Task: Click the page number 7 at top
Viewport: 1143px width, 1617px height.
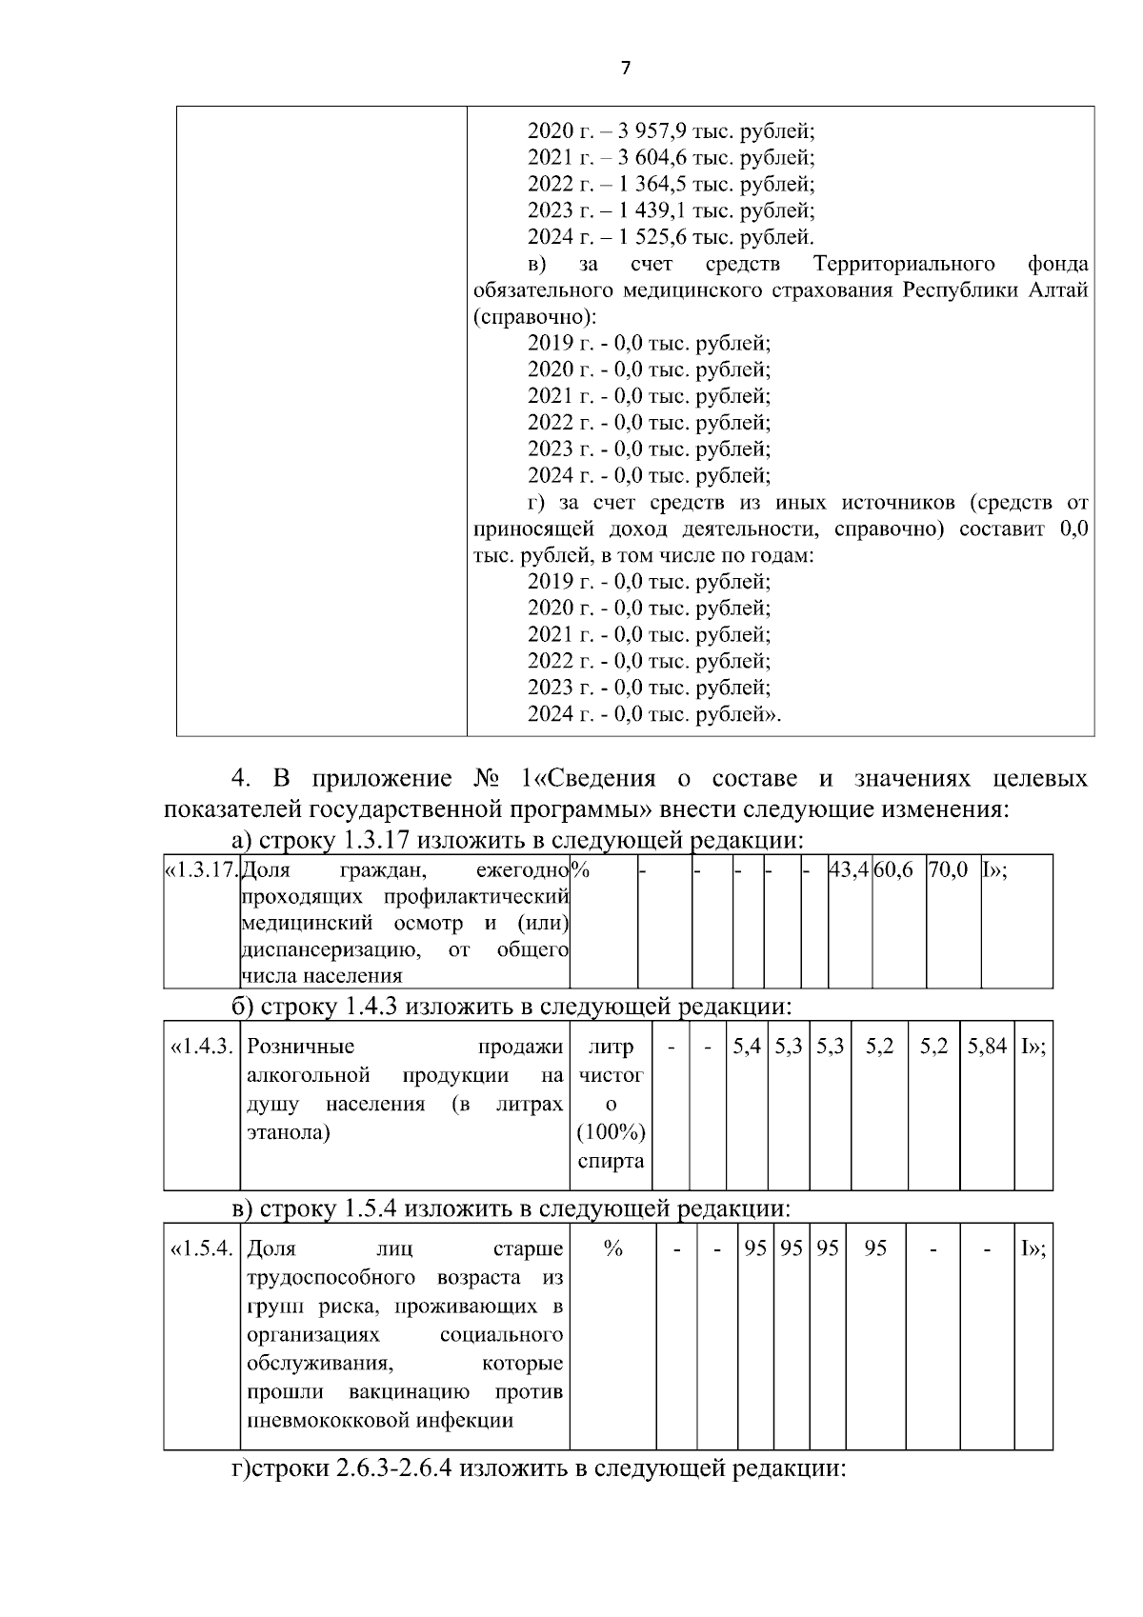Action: pos(625,68)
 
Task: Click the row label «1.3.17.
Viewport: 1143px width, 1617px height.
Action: pos(201,870)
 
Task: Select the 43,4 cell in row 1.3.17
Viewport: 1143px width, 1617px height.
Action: pos(850,870)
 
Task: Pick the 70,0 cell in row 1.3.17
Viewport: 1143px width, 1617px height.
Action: pos(948,870)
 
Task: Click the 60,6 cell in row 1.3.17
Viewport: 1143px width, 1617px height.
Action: pos(893,870)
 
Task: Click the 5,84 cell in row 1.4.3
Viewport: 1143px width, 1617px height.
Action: pos(988,1047)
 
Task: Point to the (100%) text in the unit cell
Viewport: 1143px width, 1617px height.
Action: pos(611,1132)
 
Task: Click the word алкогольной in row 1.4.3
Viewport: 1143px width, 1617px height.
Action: pos(308,1075)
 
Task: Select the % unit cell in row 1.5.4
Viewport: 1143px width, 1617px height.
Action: pos(612,1248)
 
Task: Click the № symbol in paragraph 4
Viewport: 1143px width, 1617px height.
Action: pos(488,779)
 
